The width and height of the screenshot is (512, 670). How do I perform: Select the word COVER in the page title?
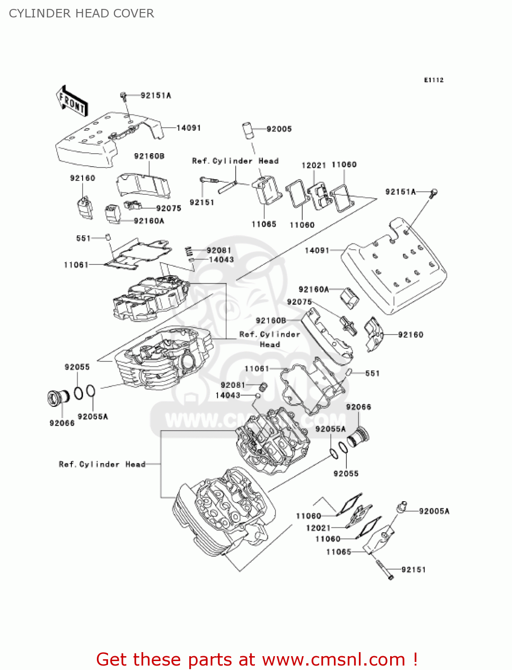point(133,13)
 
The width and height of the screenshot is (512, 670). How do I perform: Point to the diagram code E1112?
point(433,80)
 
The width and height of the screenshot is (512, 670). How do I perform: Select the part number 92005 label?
point(279,129)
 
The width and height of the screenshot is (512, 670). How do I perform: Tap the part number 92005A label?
point(434,511)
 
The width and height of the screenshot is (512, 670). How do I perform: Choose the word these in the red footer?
point(158,659)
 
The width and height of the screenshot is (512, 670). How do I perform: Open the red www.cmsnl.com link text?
point(333,659)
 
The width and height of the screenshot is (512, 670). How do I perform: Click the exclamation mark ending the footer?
point(415,659)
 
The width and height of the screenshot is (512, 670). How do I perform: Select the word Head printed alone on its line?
point(270,344)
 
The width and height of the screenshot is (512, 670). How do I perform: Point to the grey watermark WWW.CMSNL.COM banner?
point(255,420)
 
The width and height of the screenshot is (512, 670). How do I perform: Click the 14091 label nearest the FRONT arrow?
point(188,128)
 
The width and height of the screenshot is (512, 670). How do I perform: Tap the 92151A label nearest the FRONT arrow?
point(155,95)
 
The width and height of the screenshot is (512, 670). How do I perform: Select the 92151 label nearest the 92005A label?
point(413,569)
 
